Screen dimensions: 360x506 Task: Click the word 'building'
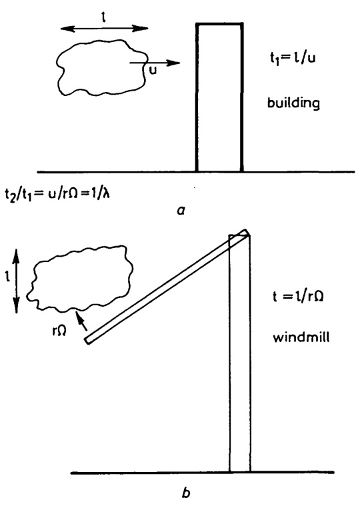click(293, 103)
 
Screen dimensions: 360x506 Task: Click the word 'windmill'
click(301, 337)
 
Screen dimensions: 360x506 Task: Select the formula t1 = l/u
click(293, 60)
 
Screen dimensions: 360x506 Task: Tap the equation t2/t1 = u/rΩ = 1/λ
click(57, 194)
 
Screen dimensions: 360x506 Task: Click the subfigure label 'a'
click(181, 211)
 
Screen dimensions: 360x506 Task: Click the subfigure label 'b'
click(186, 493)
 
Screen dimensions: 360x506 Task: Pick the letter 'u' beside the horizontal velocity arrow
click(153, 71)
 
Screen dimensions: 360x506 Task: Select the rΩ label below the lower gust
click(59, 331)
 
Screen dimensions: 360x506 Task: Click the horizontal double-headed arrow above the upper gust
click(104, 29)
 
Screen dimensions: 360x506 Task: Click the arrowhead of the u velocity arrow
click(174, 63)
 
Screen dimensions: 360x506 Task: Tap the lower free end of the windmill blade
click(87, 341)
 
